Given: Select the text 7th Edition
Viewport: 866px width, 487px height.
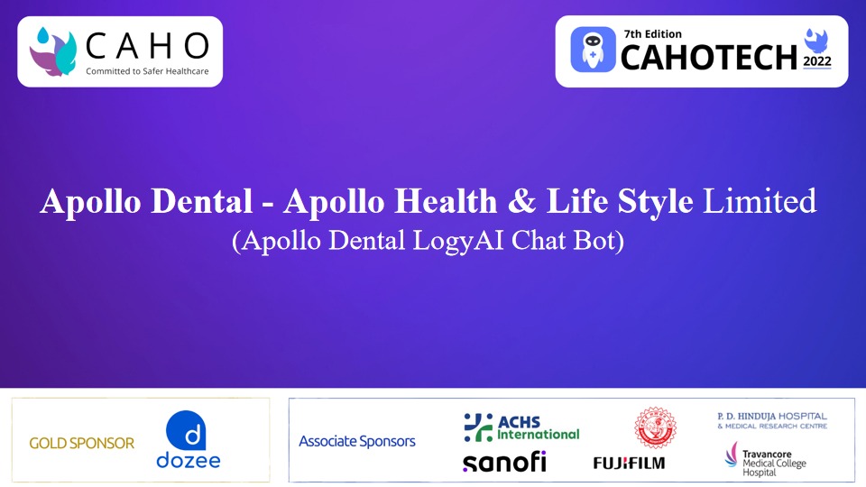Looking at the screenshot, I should click(652, 34).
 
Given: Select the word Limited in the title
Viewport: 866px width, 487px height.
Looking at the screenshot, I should click(760, 200).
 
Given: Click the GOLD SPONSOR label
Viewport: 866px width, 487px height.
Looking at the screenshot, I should click(81, 443).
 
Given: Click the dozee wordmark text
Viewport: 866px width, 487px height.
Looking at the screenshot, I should click(189, 460).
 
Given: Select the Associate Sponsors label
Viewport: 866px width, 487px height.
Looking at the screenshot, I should click(357, 441).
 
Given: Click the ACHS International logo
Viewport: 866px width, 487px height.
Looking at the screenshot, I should click(521, 427).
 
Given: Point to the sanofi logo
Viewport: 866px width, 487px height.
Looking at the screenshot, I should click(504, 462).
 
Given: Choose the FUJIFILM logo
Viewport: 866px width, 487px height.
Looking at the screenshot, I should click(629, 463).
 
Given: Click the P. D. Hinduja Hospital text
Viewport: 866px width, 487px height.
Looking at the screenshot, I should click(771, 419).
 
